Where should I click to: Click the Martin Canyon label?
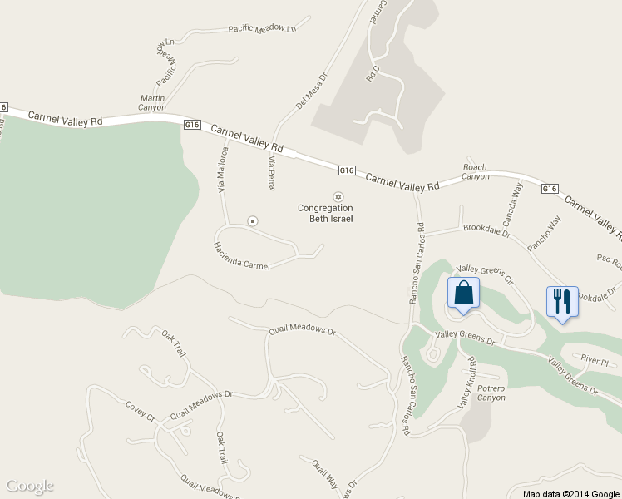coord(152,102)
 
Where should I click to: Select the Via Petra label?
coord(271,171)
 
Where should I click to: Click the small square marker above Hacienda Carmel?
coord(253,220)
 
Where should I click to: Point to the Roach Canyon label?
coord(476,171)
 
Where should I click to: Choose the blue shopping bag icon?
coord(464,294)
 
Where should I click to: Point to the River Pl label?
coord(595,362)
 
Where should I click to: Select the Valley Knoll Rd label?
coord(466,383)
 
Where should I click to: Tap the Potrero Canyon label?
coord(491,393)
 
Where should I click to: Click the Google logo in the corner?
coord(30,486)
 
